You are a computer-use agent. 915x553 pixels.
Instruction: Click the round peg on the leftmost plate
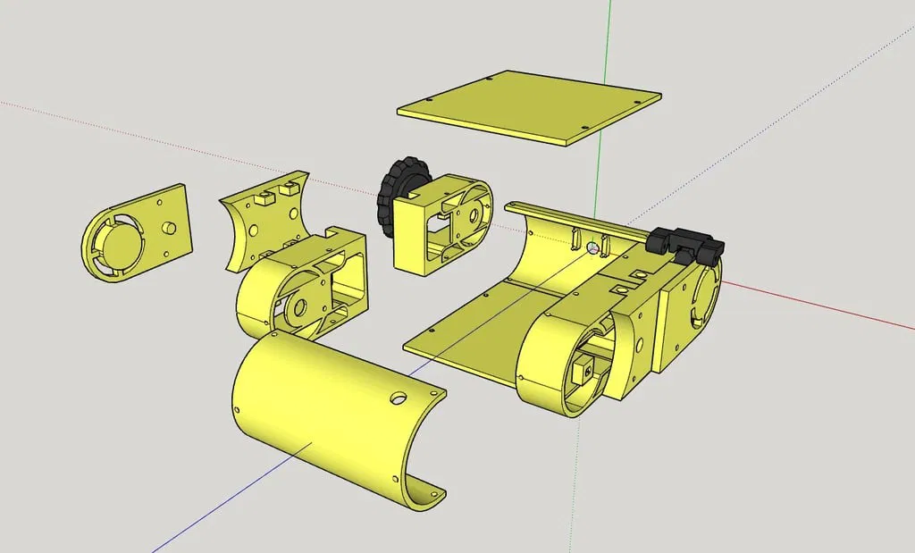click(x=166, y=229)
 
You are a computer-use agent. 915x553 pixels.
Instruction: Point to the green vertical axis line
click(x=609, y=54)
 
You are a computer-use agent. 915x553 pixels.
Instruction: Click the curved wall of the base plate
click(x=536, y=259)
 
